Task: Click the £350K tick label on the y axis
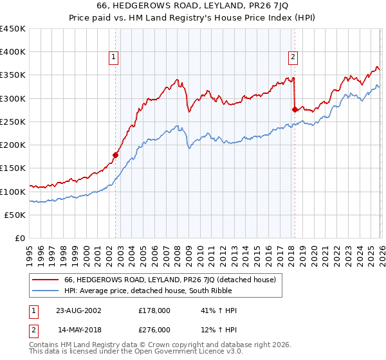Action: coord(13,75)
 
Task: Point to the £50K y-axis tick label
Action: coord(15,215)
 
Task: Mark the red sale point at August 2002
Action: coord(116,155)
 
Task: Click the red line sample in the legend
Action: coord(46,280)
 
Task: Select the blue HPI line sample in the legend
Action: coord(46,291)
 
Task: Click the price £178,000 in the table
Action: coord(154,310)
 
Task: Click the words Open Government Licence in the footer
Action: coord(171,354)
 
